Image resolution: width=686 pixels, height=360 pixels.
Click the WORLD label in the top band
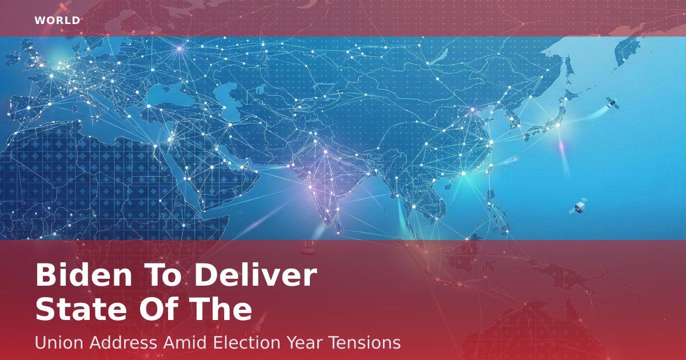click(x=57, y=21)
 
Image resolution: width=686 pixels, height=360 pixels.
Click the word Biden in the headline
click(x=84, y=275)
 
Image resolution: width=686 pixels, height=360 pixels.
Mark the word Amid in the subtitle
click(x=185, y=342)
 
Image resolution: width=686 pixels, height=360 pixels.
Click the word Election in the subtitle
click(x=247, y=342)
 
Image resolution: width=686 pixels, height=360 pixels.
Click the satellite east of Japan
click(x=612, y=103)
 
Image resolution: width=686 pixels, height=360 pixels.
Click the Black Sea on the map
click(x=165, y=95)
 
